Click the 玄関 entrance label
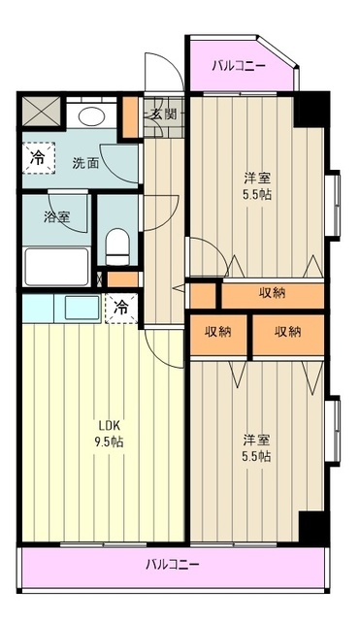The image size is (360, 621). point(163,113)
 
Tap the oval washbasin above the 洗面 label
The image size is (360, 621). point(93,118)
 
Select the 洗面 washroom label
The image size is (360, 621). point(85,163)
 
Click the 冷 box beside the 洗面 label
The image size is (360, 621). point(37,156)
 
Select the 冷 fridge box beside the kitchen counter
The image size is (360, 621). point(122,308)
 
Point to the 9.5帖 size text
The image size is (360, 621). point(109,442)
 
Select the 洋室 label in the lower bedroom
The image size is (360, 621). point(257,438)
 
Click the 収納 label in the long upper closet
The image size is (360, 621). point(272,294)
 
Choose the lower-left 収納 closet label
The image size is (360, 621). point(218,332)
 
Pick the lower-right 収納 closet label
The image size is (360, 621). point(287,332)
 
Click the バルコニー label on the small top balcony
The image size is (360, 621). point(240,66)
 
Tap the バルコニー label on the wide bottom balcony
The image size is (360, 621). point(173,564)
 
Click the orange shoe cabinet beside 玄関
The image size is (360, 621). point(133,116)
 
